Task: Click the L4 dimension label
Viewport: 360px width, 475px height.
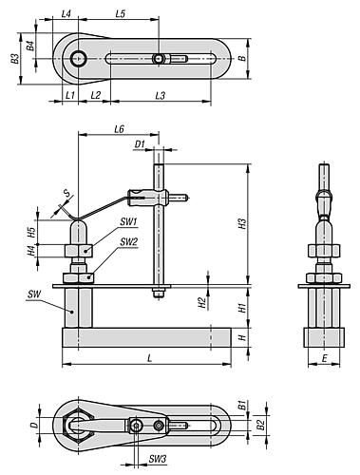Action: click(x=66, y=14)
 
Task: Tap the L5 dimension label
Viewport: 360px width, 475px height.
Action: click(x=121, y=14)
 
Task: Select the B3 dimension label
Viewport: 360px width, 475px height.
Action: click(x=14, y=59)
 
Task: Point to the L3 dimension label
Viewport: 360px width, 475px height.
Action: click(x=161, y=95)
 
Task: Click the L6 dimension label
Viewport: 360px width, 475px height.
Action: click(x=119, y=129)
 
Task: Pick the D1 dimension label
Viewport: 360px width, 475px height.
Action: click(x=140, y=144)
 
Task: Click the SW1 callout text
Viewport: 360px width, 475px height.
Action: click(x=128, y=221)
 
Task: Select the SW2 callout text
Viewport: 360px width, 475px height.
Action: click(x=129, y=242)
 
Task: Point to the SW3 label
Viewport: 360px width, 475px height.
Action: click(x=158, y=459)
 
